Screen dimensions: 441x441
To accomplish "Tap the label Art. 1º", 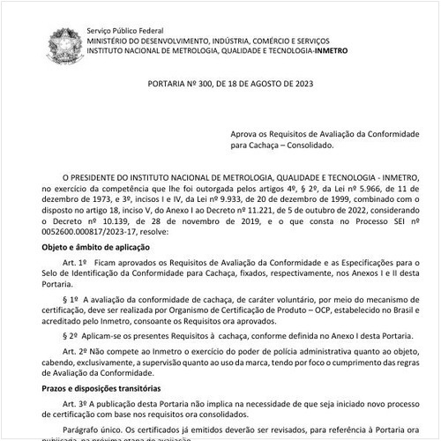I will pyautogui.click(x=75, y=263).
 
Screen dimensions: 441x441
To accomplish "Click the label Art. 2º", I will pyautogui.click(x=75, y=350).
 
